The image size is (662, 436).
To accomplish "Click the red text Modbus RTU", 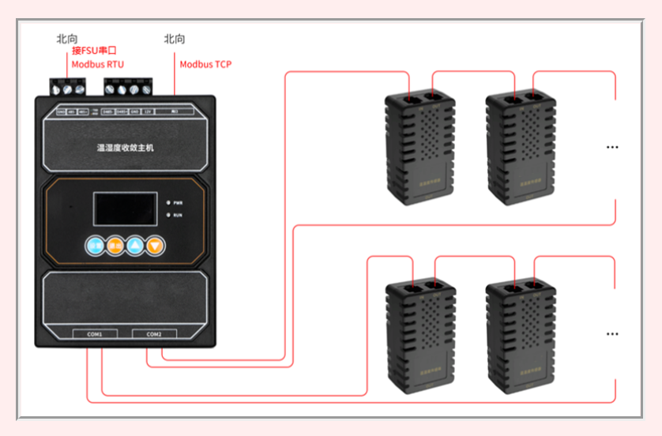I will point(97,64).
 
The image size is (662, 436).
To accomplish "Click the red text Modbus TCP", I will point(205,64).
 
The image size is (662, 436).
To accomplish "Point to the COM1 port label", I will point(95,334).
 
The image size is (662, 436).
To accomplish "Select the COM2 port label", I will point(154,334).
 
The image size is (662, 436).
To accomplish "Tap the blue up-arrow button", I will point(135,245).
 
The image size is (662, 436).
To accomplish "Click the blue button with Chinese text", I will point(95,245).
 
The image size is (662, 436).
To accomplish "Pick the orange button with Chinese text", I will point(115,245).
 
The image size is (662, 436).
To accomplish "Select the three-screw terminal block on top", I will point(67,87).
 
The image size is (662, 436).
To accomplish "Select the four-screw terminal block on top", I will point(127,88).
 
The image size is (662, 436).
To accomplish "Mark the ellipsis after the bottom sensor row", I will point(611,334).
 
